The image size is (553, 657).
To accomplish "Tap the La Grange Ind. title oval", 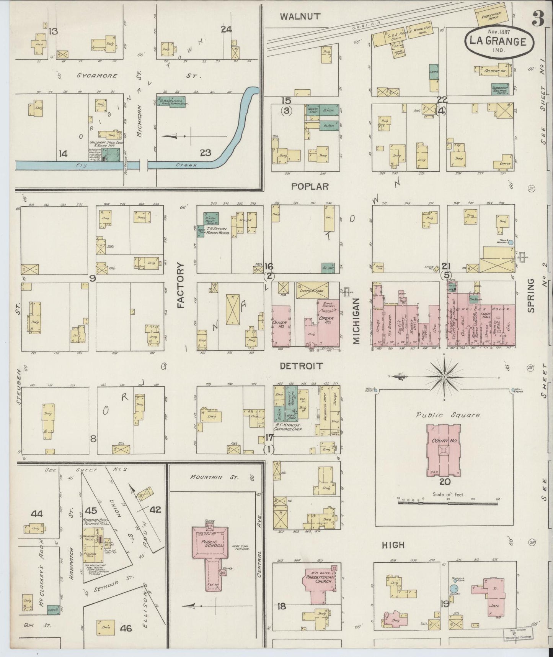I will click(x=499, y=42).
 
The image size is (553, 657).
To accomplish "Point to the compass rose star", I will click(x=444, y=377).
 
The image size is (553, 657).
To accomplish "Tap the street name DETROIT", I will click(x=301, y=366).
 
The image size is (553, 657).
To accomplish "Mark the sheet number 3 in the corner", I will click(x=538, y=20).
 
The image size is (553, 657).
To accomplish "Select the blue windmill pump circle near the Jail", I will click(x=453, y=588).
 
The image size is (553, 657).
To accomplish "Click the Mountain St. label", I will click(x=214, y=477).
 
